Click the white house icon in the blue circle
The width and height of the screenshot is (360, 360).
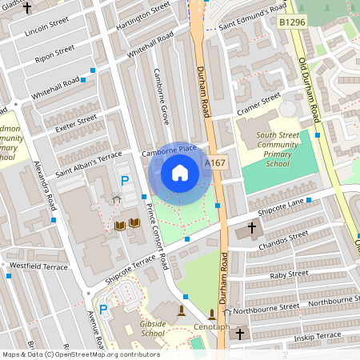(180, 173)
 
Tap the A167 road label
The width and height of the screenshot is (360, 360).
(214, 162)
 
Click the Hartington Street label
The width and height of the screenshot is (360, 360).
(143, 16)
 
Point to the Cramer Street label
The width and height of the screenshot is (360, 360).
(258, 105)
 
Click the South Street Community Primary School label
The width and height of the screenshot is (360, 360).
(278, 149)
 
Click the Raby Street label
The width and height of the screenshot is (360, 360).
(289, 274)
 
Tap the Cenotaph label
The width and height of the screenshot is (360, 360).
(212, 327)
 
